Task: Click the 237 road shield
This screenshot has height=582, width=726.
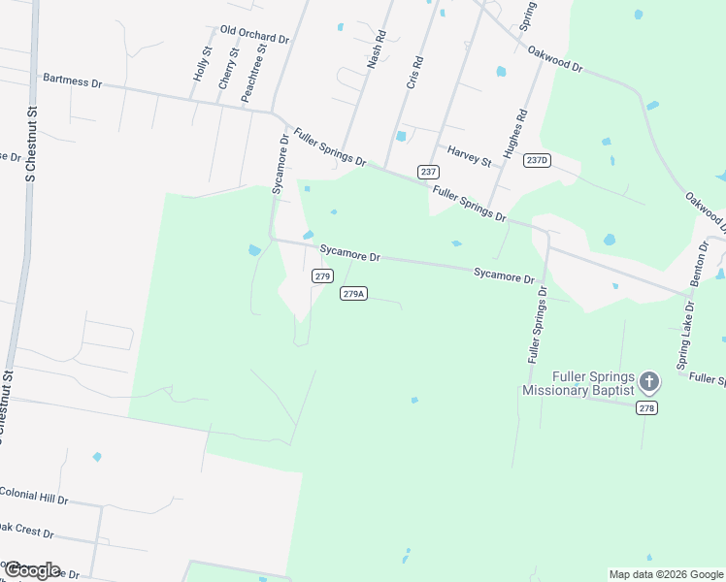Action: coord(428,172)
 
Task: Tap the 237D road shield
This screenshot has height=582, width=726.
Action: coord(537,160)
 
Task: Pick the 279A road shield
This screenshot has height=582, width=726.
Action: coord(353,293)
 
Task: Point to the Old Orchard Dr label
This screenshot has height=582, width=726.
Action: coord(255,35)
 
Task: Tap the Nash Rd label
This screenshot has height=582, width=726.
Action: coord(377,49)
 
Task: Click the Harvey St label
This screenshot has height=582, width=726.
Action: coord(470,155)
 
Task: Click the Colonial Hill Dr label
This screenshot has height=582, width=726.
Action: coord(34,496)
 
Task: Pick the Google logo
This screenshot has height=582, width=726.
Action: coord(32,570)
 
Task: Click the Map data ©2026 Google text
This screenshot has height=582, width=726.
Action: coord(666,574)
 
